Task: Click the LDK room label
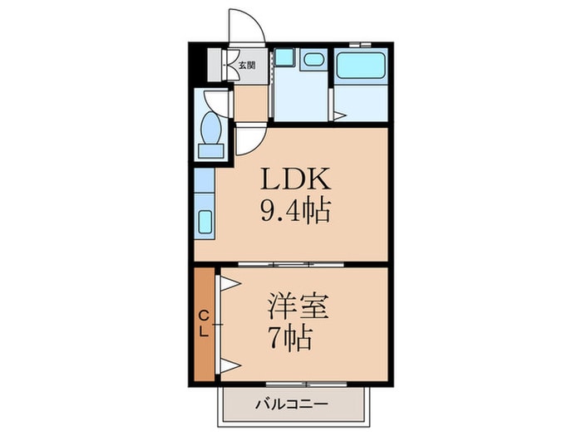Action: (297, 179)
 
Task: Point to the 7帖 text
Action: (289, 339)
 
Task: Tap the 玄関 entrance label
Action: (247, 65)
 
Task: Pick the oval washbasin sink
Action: (313, 59)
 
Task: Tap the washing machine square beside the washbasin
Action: (285, 57)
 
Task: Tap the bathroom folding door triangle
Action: (338, 115)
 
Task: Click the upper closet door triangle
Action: (229, 283)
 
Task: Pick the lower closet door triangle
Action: (229, 365)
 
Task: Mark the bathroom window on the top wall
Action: (360, 42)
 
